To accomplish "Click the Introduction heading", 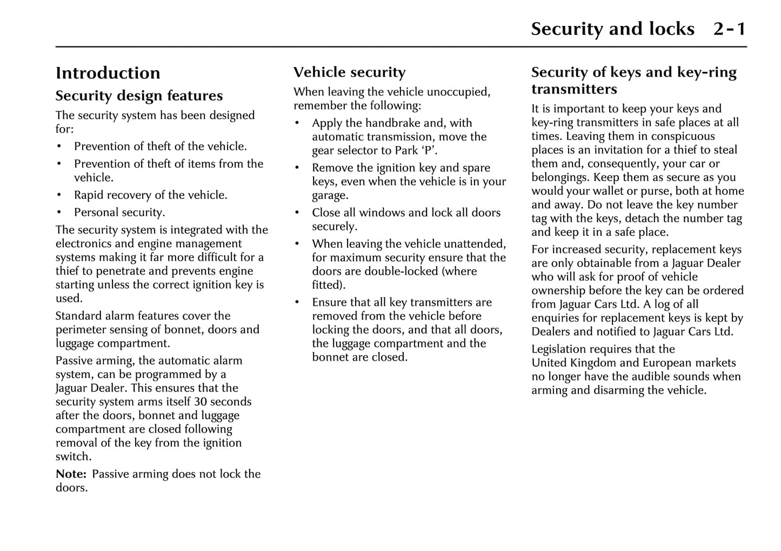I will tap(108, 73).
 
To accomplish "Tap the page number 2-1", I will tap(729, 29).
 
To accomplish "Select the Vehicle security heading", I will tap(349, 72).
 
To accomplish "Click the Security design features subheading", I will tap(139, 96).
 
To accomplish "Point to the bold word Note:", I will tap(71, 474).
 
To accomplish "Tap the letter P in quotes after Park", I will tap(428, 151).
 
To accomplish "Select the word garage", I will tap(329, 195).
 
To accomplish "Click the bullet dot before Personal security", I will tap(59, 213).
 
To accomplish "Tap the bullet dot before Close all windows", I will tap(297, 213).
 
